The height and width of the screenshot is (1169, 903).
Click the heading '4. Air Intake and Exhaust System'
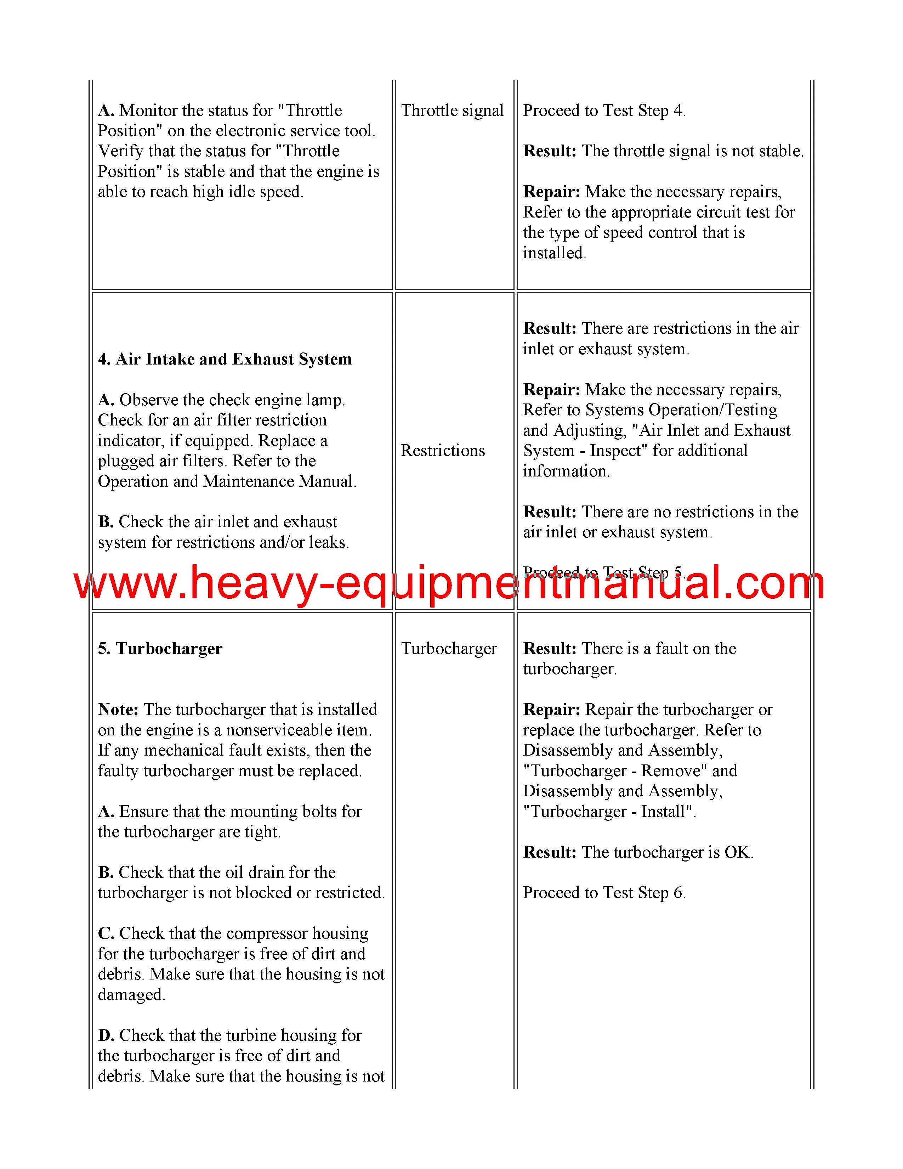(x=225, y=359)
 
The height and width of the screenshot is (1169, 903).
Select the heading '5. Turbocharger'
(x=160, y=649)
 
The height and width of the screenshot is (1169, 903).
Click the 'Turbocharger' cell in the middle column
(x=449, y=649)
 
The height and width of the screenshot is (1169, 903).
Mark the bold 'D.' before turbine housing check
(x=106, y=1036)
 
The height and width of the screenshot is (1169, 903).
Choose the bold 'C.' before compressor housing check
(x=106, y=933)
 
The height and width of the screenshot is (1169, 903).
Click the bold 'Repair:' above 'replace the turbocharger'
(x=551, y=710)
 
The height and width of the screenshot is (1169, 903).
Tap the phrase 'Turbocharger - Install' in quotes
(x=608, y=812)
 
